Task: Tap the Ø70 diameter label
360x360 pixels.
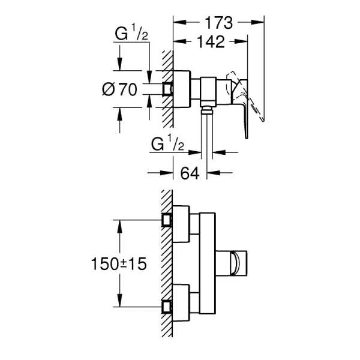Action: (x=120, y=89)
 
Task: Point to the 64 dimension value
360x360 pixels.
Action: (x=190, y=173)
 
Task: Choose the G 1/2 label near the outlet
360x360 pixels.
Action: (x=167, y=145)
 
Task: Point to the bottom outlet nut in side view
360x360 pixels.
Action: (x=206, y=108)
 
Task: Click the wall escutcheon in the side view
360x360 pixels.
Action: (x=182, y=88)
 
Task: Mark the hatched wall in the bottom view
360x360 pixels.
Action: (x=167, y=264)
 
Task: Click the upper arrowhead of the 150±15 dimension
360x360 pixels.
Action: (x=120, y=223)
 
